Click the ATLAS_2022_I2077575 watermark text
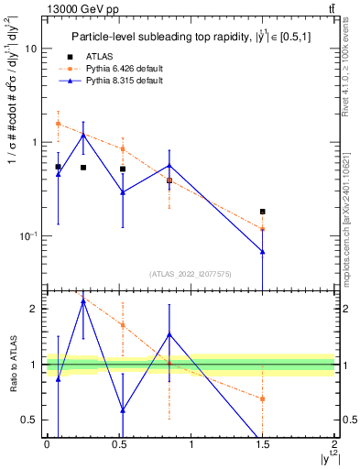[x=190, y=274]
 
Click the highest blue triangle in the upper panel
[x=83, y=135]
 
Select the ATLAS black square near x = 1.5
[x=263, y=212]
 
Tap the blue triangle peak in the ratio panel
[x=83, y=300]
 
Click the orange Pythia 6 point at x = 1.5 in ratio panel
[x=263, y=398]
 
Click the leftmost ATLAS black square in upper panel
[x=58, y=167]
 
